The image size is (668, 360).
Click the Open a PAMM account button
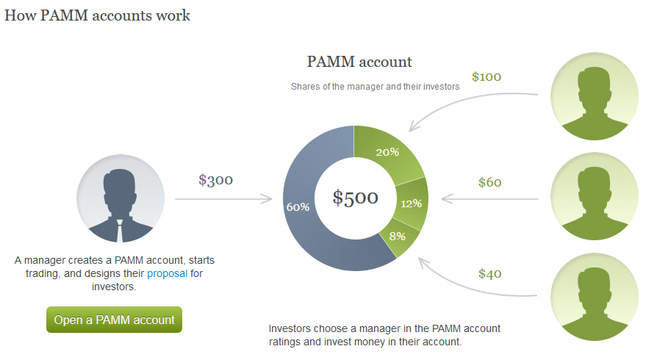pyautogui.click(x=114, y=320)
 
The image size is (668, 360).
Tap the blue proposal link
pyautogui.click(x=167, y=273)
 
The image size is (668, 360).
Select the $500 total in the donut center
pyautogui.click(x=355, y=197)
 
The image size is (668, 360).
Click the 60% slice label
pyautogui.click(x=298, y=207)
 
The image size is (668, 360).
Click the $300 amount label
pyautogui.click(x=215, y=180)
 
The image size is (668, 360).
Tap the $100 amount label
pyautogui.click(x=486, y=76)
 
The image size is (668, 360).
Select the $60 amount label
pyautogui.click(x=490, y=182)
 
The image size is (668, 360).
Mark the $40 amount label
pyautogui.click(x=490, y=273)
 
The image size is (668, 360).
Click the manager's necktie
pyautogui.click(x=120, y=231)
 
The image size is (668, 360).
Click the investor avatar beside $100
pyautogui.click(x=595, y=96)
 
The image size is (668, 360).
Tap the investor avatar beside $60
pyautogui.click(x=595, y=196)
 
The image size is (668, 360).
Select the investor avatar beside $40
pyautogui.click(x=595, y=297)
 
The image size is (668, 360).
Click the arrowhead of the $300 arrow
pyautogui.click(x=267, y=199)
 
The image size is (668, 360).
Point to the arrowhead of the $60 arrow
pyautogui.click(x=447, y=199)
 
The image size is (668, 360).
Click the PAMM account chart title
pyautogui.click(x=359, y=62)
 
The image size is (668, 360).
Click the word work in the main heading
pyautogui.click(x=173, y=15)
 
